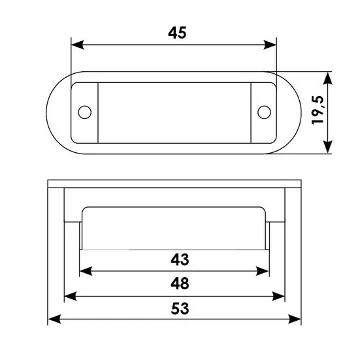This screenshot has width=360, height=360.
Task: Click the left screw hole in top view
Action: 84,112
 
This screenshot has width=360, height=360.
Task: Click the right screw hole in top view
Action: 263,112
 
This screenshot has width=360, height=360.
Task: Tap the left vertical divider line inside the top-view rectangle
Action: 98,112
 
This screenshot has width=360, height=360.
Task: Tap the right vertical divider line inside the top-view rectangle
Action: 251,112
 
